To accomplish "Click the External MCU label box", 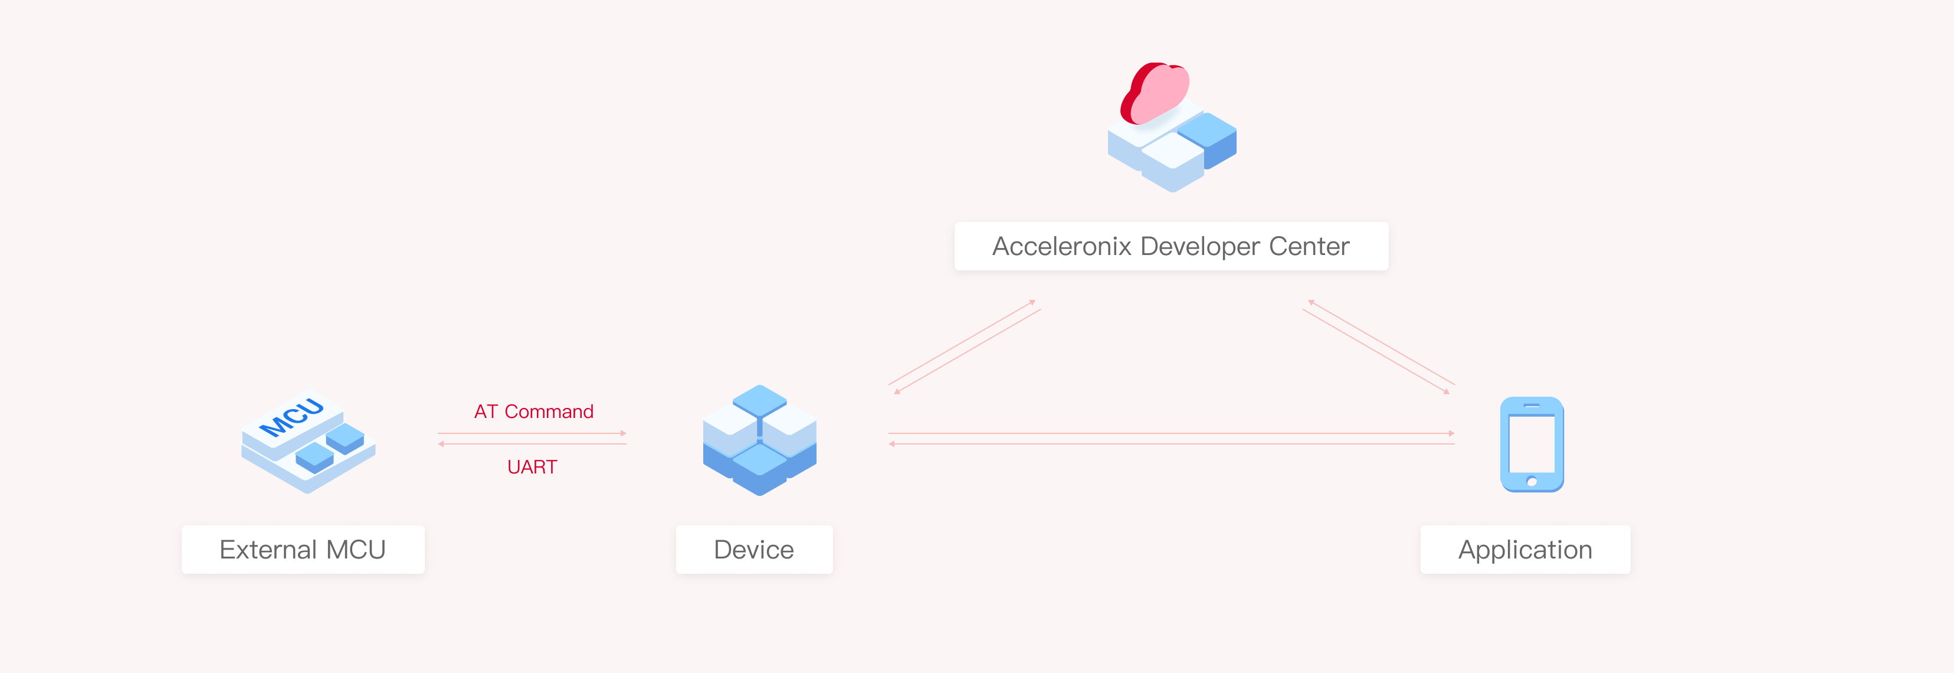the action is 303,550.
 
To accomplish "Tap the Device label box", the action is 754,550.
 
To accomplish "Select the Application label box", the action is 1524,550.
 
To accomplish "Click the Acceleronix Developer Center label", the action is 1171,246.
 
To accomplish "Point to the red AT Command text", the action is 534,411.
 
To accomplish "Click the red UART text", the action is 532,466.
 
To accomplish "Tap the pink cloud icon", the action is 1155,93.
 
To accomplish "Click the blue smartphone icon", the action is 1532,445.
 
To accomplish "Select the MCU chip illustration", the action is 308,443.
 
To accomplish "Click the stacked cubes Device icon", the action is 759,440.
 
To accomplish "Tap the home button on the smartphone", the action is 1532,481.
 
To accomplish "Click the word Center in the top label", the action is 1309,246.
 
